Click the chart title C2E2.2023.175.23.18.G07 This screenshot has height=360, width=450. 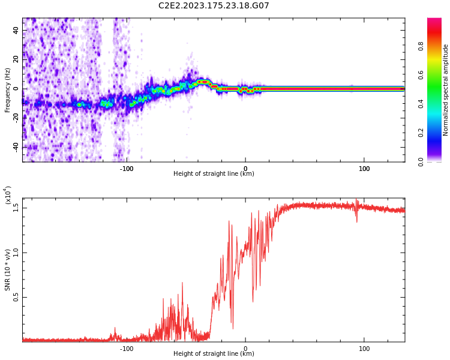(214, 6)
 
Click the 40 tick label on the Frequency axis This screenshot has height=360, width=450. (16, 30)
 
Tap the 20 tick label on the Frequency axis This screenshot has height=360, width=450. (16, 59)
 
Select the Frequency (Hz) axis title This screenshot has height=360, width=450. (7, 90)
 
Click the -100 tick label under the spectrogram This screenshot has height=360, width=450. (126, 169)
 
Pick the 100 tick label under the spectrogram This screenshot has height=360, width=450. (364, 169)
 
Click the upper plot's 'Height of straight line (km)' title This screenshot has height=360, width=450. (214, 174)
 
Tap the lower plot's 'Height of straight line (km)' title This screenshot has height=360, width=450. (214, 354)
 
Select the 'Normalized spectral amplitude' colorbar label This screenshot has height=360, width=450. (446, 90)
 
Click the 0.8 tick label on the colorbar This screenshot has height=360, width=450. (421, 46)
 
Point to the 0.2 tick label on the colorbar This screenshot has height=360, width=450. (421, 133)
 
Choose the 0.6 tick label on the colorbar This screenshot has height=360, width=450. (421, 75)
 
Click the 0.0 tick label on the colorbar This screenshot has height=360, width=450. (421, 161)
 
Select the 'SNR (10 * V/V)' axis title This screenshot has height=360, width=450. (8, 270)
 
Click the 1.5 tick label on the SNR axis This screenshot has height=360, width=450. (16, 208)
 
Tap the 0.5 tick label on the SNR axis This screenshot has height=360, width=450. (16, 297)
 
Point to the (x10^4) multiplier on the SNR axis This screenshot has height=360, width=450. (8, 196)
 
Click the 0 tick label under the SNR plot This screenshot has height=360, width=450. (245, 349)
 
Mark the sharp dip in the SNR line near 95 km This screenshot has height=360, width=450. (357, 221)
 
